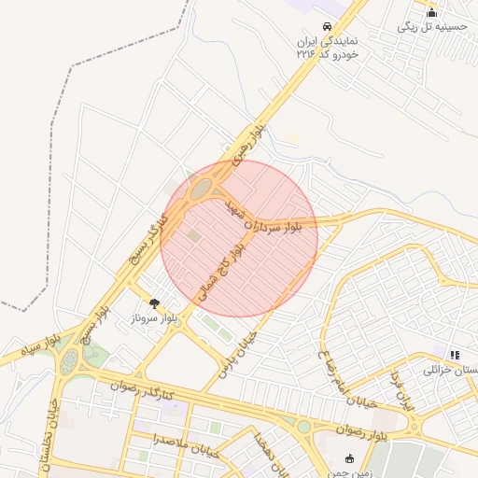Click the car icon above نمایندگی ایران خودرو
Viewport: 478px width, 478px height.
point(328,26)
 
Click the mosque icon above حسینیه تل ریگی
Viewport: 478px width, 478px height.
point(431,12)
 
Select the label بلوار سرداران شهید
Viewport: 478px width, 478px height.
point(266,218)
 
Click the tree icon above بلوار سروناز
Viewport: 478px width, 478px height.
point(154,303)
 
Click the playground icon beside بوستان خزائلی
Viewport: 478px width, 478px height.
point(455,355)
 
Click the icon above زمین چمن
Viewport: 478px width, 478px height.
point(350,458)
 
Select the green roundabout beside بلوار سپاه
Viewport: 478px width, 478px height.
point(69,362)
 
